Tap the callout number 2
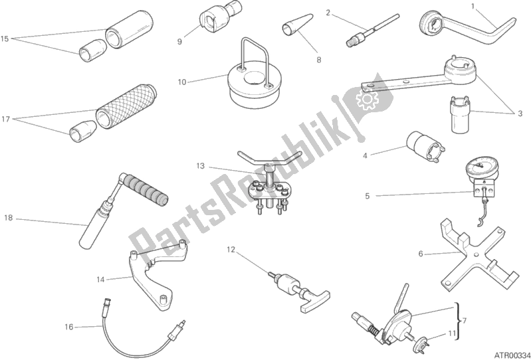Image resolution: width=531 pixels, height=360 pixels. click(328, 12)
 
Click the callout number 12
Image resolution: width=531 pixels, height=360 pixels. click(231, 250)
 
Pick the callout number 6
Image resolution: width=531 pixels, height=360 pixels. click(420, 253)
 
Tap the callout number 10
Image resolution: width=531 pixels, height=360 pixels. click(182, 82)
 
